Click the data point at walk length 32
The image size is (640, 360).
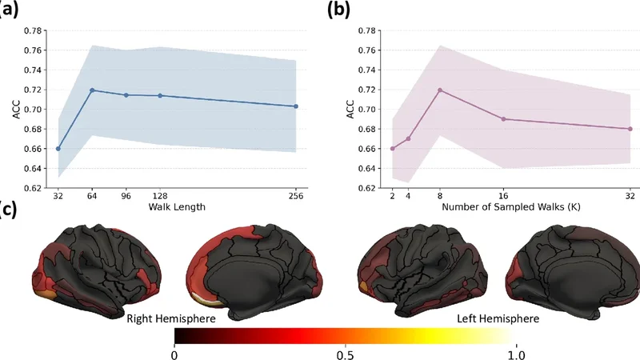58,149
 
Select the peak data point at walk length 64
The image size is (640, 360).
92,90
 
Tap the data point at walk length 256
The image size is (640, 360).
296,106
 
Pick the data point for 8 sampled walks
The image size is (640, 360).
440,90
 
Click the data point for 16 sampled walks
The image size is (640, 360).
503,119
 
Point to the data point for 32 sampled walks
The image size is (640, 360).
630,129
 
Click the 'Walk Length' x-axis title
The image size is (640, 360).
176,208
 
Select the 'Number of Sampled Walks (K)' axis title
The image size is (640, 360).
510,208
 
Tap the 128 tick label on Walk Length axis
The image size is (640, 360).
161,195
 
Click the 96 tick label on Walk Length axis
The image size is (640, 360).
126,195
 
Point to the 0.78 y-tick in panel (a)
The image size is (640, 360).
33,30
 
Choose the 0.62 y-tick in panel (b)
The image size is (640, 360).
366,188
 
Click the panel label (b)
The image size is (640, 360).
338,10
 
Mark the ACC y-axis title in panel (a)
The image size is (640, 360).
16,110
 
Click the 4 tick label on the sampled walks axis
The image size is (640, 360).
408,195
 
